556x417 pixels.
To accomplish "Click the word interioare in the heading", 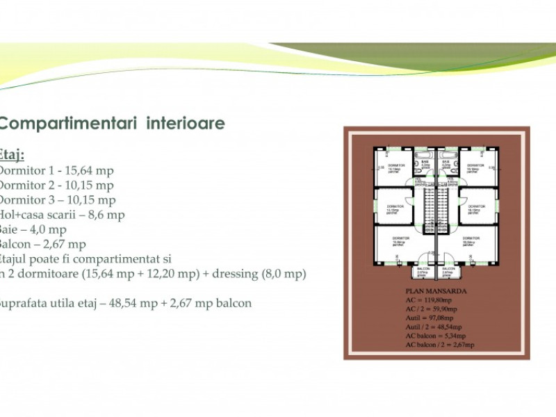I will click(186, 124).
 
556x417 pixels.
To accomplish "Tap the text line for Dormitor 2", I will click(56, 186).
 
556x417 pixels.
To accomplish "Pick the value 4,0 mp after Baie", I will click(49, 229).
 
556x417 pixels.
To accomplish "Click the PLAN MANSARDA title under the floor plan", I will click(436, 292).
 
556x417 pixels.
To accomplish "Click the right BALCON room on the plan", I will click(448, 272).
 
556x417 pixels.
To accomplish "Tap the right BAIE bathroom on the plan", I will click(446, 165).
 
